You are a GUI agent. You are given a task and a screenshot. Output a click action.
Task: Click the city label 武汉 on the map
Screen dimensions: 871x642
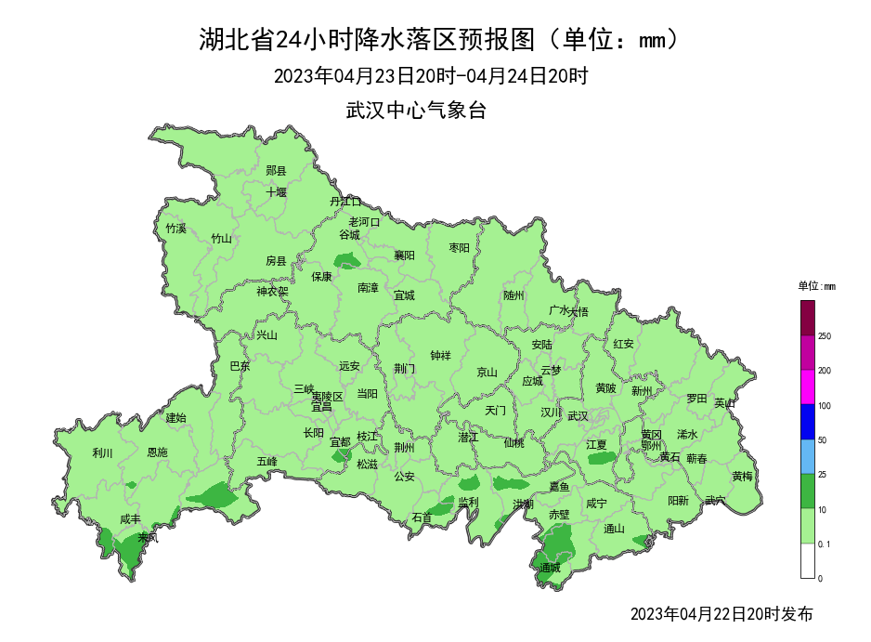click(578, 415)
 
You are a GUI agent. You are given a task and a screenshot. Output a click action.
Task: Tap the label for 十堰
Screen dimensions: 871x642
click(277, 192)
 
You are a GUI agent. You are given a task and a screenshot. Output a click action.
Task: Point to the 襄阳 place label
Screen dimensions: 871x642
click(404, 255)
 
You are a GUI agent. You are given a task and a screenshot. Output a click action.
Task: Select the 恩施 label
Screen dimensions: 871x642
click(158, 452)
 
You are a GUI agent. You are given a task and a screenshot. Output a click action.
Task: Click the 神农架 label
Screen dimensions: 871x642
click(273, 292)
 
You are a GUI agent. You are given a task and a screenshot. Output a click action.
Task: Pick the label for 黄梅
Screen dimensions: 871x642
click(742, 476)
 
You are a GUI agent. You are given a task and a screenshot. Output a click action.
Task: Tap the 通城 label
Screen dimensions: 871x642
click(550, 567)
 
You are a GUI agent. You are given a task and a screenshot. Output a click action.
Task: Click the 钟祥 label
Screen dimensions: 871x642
click(441, 355)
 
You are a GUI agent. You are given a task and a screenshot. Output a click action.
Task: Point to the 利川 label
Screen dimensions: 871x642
click(102, 453)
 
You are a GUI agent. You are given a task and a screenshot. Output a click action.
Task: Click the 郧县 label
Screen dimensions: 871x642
click(276, 170)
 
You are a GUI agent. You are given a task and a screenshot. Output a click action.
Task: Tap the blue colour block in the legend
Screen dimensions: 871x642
click(808, 422)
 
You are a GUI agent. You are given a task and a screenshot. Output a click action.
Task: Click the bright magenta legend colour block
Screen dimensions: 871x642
click(808, 387)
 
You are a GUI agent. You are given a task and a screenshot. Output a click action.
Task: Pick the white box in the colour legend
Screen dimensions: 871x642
click(808, 560)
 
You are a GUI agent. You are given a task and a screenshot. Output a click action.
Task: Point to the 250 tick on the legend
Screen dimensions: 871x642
click(825, 336)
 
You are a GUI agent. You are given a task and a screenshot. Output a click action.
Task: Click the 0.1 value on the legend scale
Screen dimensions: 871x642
click(825, 544)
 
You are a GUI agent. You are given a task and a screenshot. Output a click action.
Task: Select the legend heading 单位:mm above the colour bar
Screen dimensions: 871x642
click(817, 285)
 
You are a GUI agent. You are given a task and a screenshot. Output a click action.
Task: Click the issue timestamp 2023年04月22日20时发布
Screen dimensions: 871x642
click(721, 614)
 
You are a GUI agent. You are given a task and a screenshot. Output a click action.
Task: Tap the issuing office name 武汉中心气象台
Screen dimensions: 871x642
click(416, 111)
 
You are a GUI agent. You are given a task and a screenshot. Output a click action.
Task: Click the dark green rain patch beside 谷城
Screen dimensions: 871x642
click(349, 262)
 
